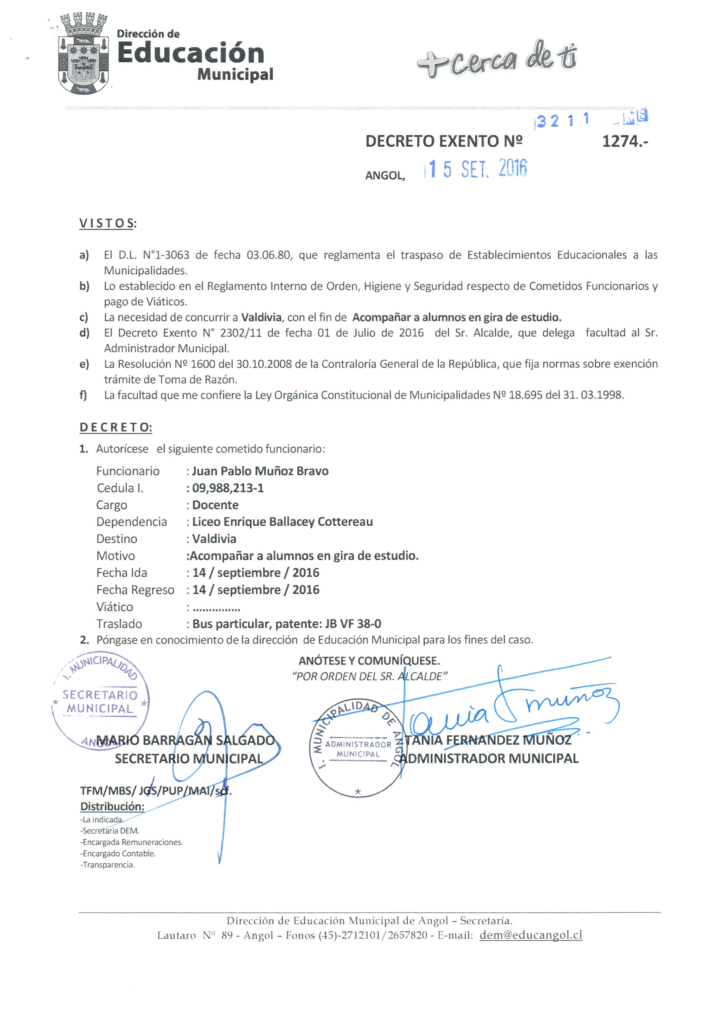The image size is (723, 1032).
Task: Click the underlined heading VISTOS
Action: click(x=107, y=223)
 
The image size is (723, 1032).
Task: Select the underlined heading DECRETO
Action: click(x=116, y=427)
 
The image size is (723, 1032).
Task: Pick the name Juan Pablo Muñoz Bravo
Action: click(x=260, y=471)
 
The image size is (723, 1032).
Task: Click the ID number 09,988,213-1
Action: click(x=228, y=488)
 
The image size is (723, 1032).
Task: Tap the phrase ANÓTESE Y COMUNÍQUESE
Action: click(x=369, y=661)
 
